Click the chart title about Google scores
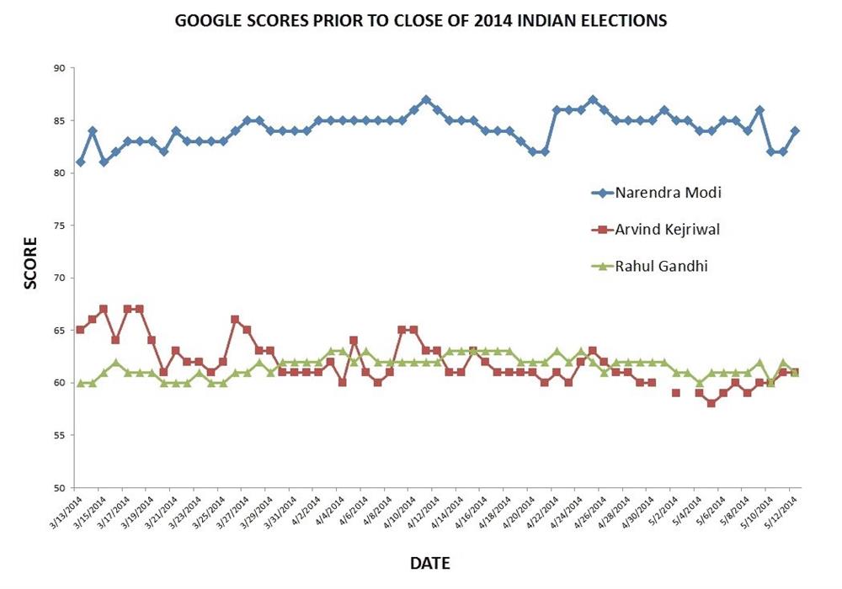point(420,20)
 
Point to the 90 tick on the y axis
point(61,68)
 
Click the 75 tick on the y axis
point(61,226)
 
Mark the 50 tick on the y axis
point(61,488)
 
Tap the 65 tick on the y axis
point(61,331)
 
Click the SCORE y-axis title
point(30,263)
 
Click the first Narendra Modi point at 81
point(80,162)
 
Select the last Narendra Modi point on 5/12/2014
point(795,130)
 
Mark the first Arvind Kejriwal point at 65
point(80,330)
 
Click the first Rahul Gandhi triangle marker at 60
point(80,382)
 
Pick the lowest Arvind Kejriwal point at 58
point(711,403)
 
